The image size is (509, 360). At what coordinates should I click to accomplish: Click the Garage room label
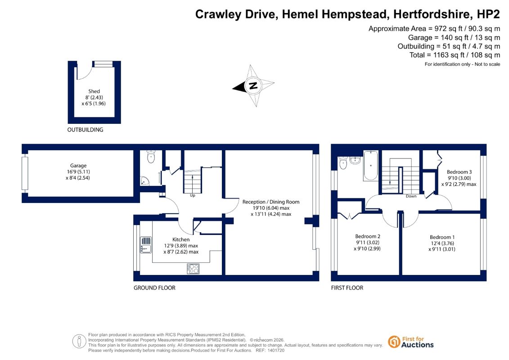click(x=78, y=166)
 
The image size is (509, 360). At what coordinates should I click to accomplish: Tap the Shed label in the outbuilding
click(x=94, y=91)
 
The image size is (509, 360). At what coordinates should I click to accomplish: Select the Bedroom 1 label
click(x=442, y=237)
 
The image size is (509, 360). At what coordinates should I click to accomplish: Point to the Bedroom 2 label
click(x=368, y=236)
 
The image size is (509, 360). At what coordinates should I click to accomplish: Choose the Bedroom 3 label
click(x=459, y=172)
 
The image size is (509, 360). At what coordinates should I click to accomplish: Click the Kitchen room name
click(x=181, y=239)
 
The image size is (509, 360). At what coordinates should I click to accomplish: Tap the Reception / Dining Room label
click(x=271, y=202)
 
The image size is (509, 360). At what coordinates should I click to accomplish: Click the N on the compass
click(x=253, y=85)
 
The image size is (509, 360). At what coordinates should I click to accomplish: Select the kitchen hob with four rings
click(x=193, y=269)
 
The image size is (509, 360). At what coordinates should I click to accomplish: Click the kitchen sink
click(x=146, y=245)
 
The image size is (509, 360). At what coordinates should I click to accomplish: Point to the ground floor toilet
click(x=151, y=157)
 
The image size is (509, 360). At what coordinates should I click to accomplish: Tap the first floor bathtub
click(x=371, y=165)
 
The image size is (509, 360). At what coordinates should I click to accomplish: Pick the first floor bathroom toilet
click(x=343, y=162)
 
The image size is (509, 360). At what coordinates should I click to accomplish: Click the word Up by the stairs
click(x=193, y=195)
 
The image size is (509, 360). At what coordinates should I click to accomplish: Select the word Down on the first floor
click(x=411, y=196)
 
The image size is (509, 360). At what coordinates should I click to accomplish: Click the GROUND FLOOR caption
click(x=154, y=288)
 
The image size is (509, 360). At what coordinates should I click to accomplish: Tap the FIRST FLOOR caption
click(x=347, y=288)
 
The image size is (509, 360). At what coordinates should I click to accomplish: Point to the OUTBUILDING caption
click(x=85, y=130)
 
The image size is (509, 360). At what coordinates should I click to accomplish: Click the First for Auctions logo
click(x=410, y=342)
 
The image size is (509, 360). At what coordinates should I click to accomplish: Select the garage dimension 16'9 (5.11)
click(x=78, y=172)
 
